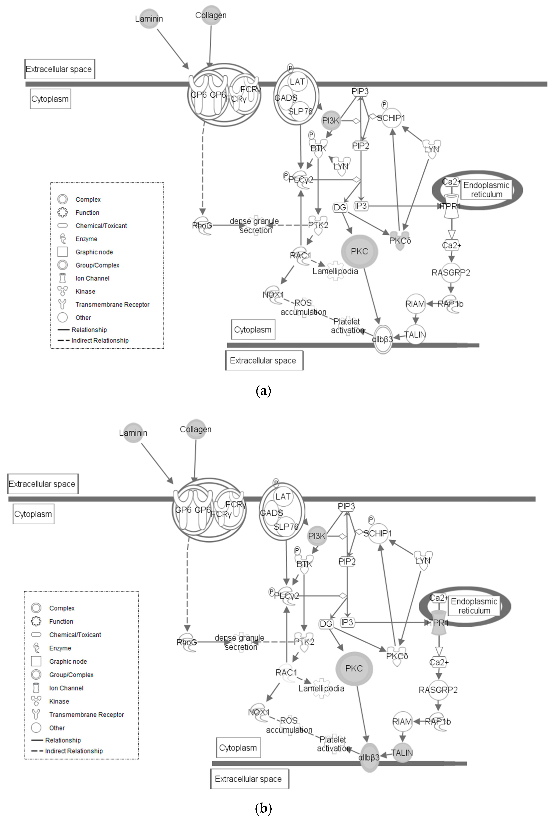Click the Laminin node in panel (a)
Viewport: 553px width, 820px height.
coord(149,19)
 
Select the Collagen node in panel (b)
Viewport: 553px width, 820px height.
coord(196,429)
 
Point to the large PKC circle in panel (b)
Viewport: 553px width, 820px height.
coord(354,668)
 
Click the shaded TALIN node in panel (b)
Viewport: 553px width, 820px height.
coord(402,753)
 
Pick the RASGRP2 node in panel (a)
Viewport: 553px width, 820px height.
coord(451,272)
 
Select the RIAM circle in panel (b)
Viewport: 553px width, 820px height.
coord(402,722)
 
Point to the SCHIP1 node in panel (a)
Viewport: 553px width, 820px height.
coord(391,118)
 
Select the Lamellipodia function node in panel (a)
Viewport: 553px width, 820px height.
coord(335,271)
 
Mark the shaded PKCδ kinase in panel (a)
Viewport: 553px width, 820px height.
coord(400,240)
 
